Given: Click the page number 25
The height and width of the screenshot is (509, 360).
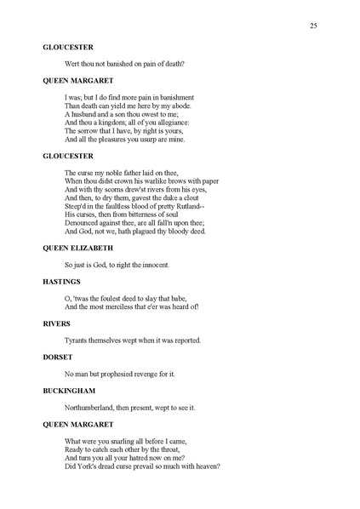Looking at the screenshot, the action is pos(313,27).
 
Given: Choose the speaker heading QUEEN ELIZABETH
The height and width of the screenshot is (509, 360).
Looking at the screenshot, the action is pos(79,247).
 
